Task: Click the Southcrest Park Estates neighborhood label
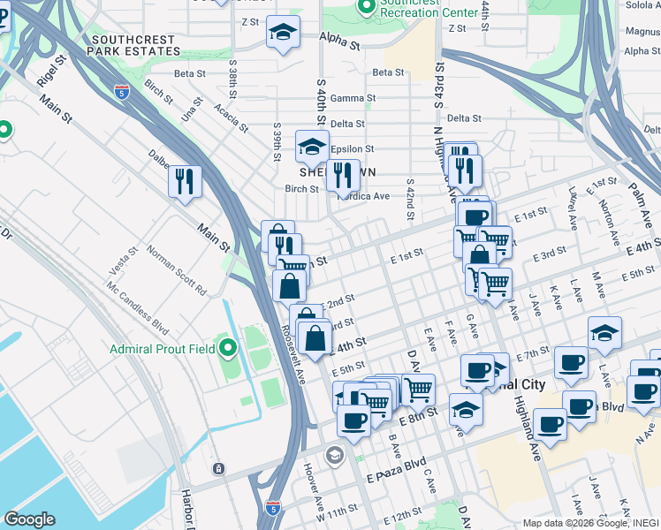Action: click(x=134, y=45)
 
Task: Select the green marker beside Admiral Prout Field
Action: click(x=229, y=350)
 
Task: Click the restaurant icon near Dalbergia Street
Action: click(x=185, y=181)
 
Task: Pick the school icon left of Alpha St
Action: click(x=282, y=33)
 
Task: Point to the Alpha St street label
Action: click(x=340, y=42)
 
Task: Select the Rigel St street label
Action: click(x=50, y=73)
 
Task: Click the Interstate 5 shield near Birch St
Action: click(x=122, y=90)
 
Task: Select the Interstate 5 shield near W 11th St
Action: click(x=272, y=507)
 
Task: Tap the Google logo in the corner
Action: click(x=28, y=519)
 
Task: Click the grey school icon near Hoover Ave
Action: click(x=334, y=455)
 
